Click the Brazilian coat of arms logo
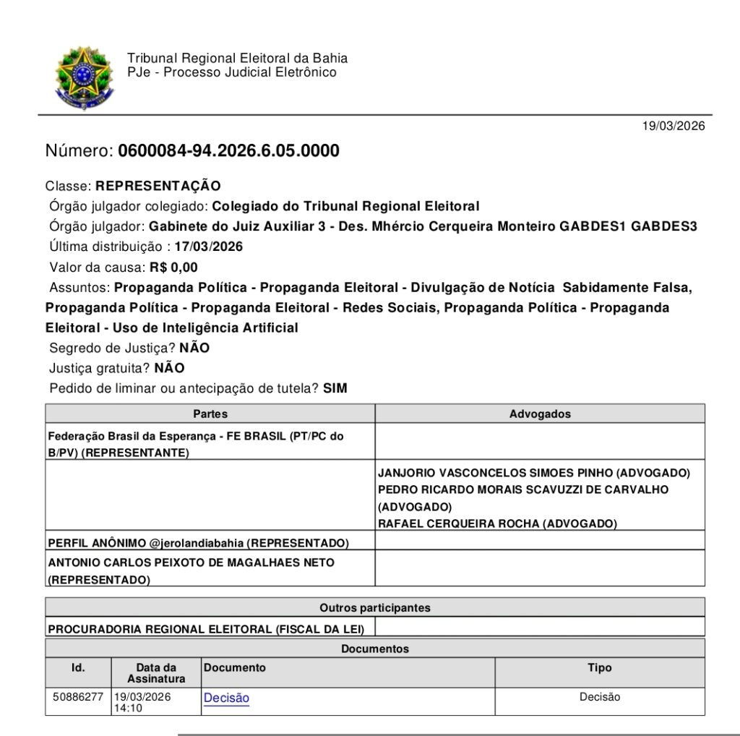[x=85, y=77]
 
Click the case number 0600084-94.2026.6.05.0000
[x=228, y=151]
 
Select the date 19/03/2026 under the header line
[x=674, y=127]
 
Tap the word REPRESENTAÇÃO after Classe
[x=158, y=187]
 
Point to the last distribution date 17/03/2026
[x=208, y=247]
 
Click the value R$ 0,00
[x=173, y=267]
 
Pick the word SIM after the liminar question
[x=335, y=388]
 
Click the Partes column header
[x=210, y=414]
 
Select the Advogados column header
[x=540, y=414]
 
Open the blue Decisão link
[x=226, y=698]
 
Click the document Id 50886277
[x=78, y=697]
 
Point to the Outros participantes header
[x=374, y=608]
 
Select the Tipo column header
[x=599, y=668]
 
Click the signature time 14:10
[x=127, y=709]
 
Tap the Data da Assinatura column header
[x=156, y=673]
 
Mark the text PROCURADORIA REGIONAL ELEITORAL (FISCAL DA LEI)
[x=206, y=629]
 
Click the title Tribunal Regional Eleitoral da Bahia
[x=237, y=59]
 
